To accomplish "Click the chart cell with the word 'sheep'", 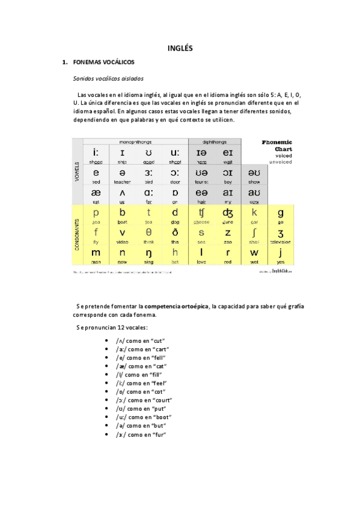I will [x=96, y=155].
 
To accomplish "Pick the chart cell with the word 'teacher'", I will [x=122, y=175].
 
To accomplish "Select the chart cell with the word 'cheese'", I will [x=202, y=215].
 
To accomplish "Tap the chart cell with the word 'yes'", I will [x=280, y=256].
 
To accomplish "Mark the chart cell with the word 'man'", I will [x=96, y=256].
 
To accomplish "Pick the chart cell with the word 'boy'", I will [x=228, y=175].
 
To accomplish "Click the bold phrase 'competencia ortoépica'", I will [x=177, y=306].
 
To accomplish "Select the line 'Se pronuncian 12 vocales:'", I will [x=108, y=327].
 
